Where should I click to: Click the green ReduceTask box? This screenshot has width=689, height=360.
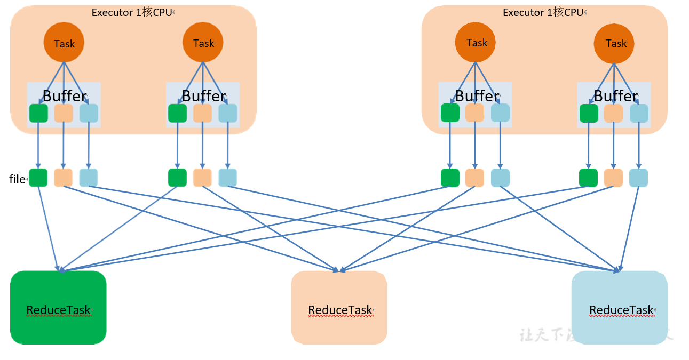pos(58,308)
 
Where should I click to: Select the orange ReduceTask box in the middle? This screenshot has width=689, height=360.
pos(339,308)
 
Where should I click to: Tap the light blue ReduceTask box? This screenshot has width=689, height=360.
pos(619,308)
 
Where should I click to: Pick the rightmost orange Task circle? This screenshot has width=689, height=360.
pos(615,43)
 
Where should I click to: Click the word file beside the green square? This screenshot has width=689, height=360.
pos(17,179)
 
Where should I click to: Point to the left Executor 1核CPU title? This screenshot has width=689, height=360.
pos(132,12)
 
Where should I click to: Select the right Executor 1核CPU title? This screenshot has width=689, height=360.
pos(543,12)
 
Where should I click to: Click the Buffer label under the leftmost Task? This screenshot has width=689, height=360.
pos(64,96)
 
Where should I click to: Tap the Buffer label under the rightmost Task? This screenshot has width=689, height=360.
pos(615,96)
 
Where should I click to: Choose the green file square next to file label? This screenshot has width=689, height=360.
pos(38,178)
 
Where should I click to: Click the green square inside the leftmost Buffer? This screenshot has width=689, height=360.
pos(38,113)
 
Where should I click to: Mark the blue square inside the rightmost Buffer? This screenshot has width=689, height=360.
pos(639,113)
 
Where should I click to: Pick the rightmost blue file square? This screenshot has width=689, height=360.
pos(638,178)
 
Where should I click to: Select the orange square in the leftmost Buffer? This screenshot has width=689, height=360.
pos(64,113)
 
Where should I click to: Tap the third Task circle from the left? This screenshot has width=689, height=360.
pos(476,43)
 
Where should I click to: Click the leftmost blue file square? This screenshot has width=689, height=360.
pos(89,178)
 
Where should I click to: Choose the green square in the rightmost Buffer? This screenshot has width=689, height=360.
pos(589,113)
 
